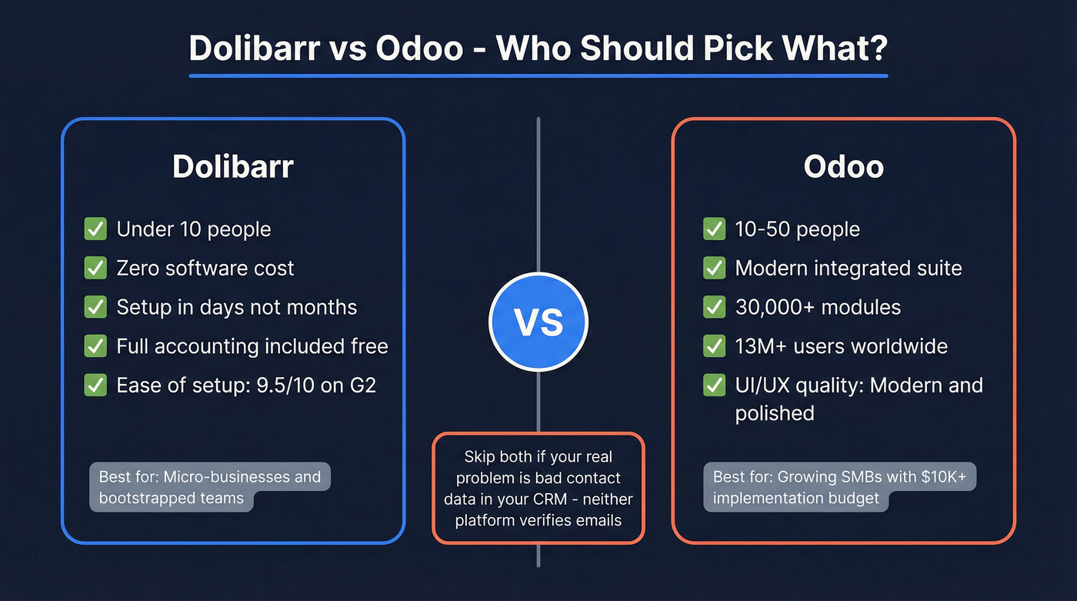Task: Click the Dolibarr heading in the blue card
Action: [232, 167]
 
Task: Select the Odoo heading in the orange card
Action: [843, 167]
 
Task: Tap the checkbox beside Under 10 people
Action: [95, 229]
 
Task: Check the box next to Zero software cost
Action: [95, 268]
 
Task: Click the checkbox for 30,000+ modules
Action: [714, 307]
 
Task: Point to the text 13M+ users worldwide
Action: [841, 346]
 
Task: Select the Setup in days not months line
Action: [236, 307]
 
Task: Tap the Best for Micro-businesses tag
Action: [209, 487]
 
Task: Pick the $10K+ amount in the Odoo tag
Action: [950, 477]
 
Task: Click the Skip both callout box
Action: [538, 489]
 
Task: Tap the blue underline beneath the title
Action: [538, 75]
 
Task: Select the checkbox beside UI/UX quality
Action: [714, 386]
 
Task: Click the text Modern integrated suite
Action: [848, 268]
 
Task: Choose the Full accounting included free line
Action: [252, 346]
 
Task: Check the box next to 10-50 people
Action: [714, 229]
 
